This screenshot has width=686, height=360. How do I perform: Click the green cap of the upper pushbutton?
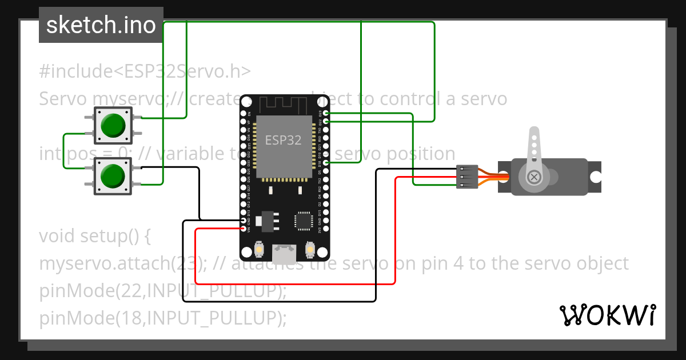coord(113,125)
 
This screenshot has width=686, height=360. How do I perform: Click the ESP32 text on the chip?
coord(283,140)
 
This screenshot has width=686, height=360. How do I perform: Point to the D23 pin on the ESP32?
coord(325,114)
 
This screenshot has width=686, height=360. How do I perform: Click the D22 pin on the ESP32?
coord(325,121)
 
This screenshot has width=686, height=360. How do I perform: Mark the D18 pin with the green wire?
coord(325,163)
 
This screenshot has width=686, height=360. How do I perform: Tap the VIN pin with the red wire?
coord(244,229)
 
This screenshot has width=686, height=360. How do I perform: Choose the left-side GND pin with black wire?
coord(244,221)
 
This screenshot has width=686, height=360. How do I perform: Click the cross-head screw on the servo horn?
coord(535,177)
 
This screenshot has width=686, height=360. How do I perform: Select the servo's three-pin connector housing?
coord(467,177)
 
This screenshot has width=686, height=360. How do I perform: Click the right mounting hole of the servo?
coord(595,177)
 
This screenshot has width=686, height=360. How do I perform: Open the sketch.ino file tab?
coord(101,25)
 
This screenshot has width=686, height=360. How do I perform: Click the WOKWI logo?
coord(607,315)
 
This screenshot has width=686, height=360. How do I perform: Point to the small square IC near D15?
coord(302,221)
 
